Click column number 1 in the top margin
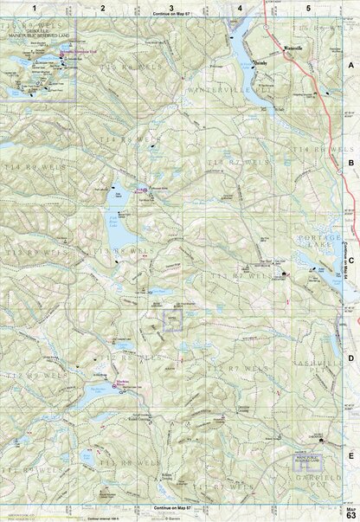tap(34, 7)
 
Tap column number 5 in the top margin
tap(308, 7)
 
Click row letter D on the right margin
tap(350, 356)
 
